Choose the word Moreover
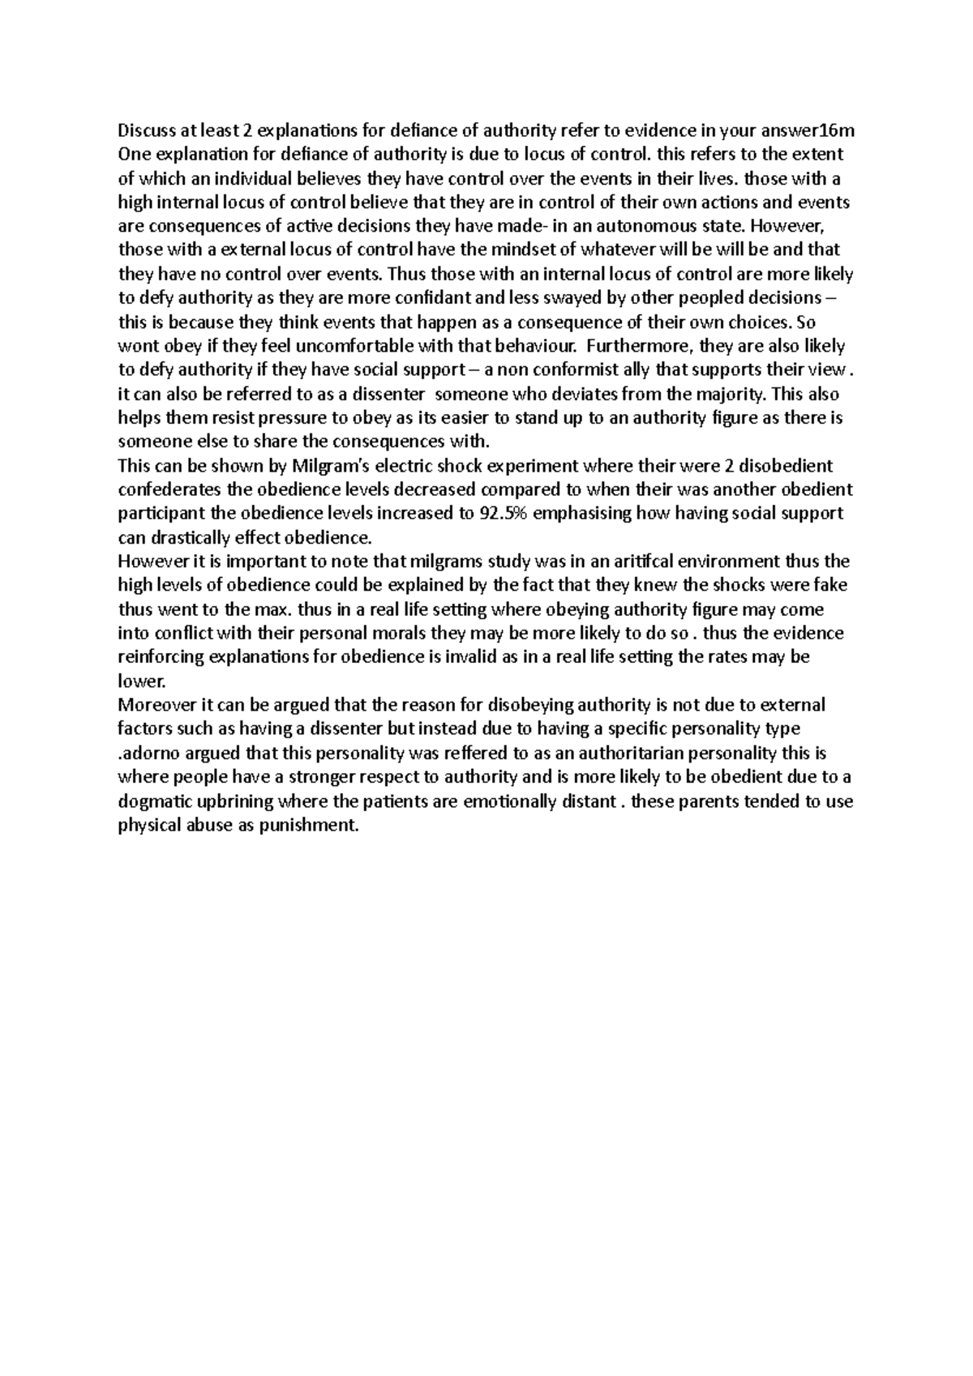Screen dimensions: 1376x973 [x=153, y=705]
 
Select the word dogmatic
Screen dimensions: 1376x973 [x=155, y=801]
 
